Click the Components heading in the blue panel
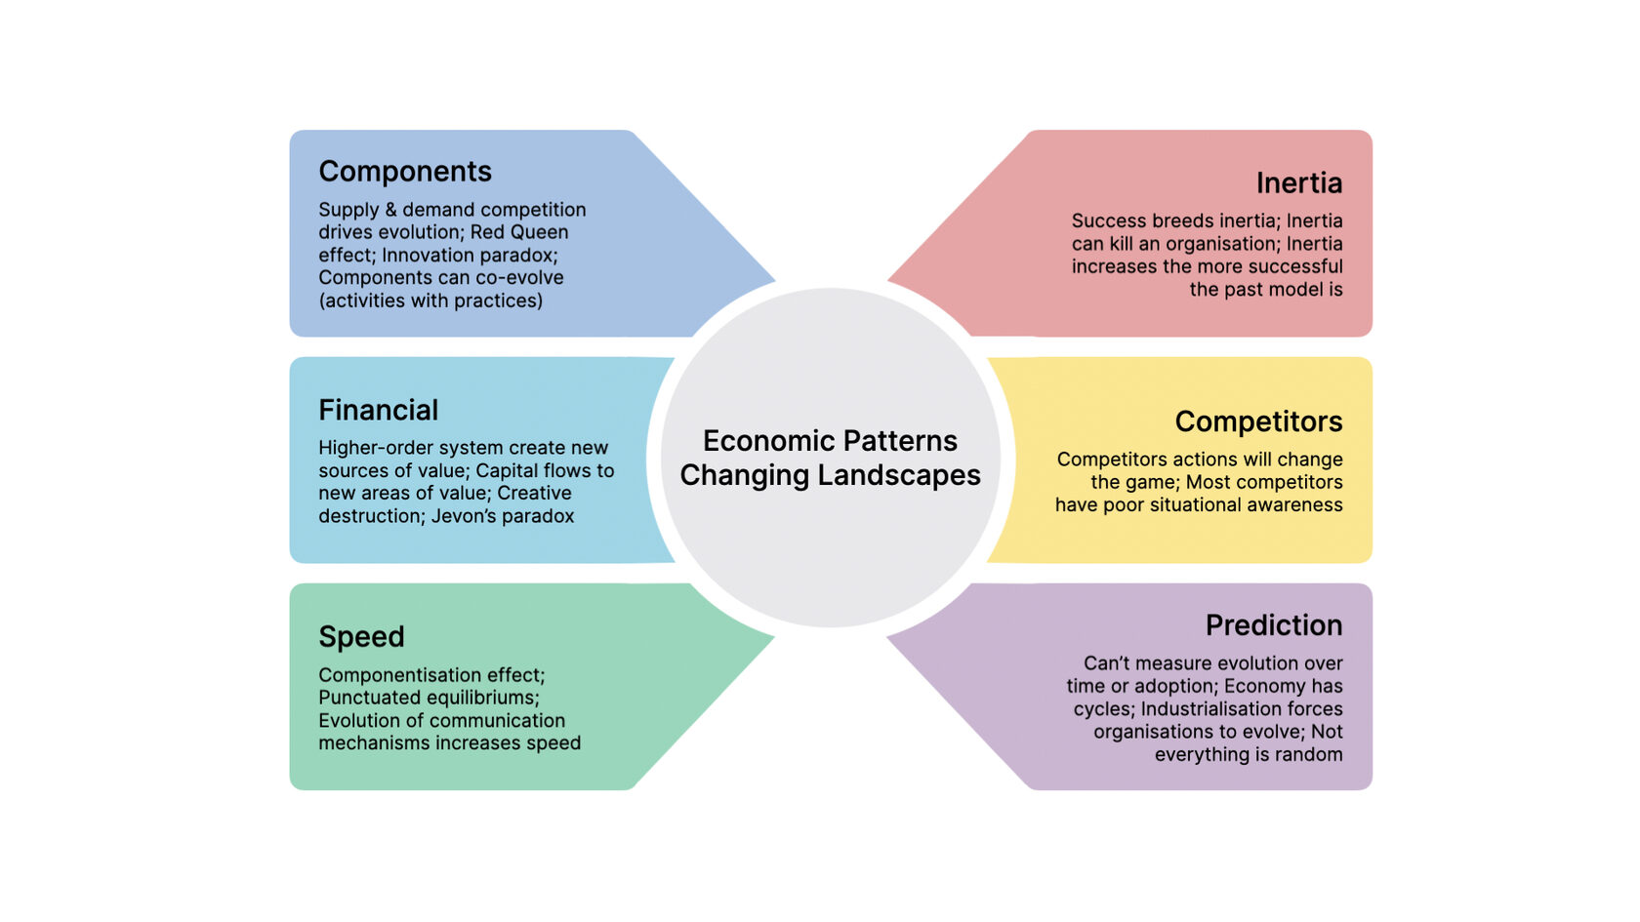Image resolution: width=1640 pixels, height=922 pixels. [x=405, y=172]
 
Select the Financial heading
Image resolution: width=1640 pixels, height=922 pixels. [x=378, y=410]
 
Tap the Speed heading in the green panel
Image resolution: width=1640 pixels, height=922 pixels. [x=361, y=636]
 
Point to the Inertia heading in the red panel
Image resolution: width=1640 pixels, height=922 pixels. [x=1298, y=183]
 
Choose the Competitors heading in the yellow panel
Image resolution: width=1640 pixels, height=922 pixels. [x=1258, y=421]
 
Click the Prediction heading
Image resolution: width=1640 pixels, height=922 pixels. [x=1274, y=624]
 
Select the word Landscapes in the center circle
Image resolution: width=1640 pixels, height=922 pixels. [x=899, y=476]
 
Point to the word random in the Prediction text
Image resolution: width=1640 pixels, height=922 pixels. [x=1308, y=754]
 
